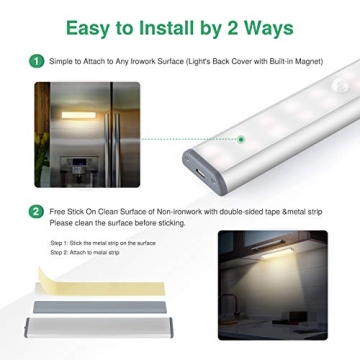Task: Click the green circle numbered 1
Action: coord(37,62)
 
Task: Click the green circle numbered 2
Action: coord(37,211)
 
